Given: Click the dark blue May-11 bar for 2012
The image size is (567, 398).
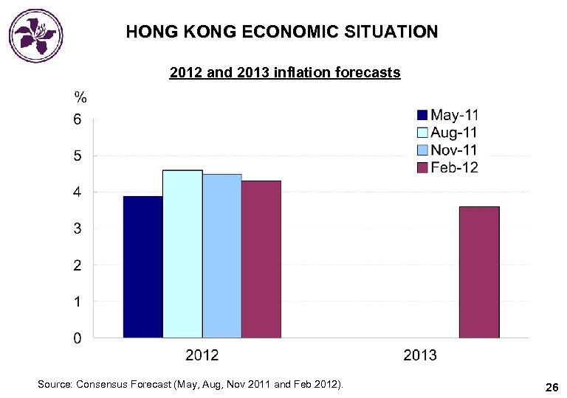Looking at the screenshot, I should coord(142,267).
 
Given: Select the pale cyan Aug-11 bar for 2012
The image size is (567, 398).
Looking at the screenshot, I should coord(182,254).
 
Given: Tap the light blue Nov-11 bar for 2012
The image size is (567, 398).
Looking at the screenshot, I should coord(222,256).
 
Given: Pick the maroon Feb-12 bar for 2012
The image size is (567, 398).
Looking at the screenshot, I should coord(261,259).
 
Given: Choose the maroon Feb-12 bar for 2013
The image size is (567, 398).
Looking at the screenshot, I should coord(479,272).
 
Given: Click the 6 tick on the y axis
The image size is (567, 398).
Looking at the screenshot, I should coord(78,119).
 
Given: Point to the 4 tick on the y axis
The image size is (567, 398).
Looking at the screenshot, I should coord(78,192).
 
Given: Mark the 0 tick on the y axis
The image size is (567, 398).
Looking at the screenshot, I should coord(78,339).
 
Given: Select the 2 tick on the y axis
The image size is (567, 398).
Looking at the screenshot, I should coord(78,265).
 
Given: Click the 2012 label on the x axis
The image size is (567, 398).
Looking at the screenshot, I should coord(202,355).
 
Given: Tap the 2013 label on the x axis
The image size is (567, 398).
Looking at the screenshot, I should coord(419,355).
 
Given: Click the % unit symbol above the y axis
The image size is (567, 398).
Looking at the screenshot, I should coord(80,97).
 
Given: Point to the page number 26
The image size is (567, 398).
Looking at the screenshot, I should coord(551,387).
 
